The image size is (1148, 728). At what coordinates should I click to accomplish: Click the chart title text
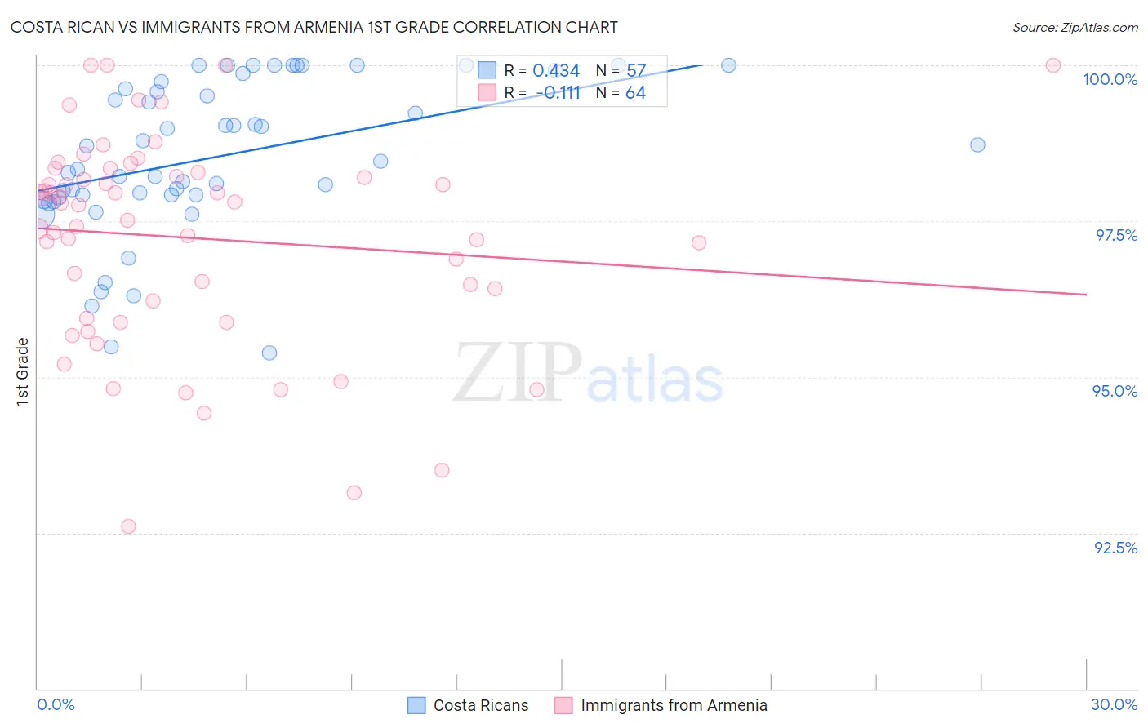314,27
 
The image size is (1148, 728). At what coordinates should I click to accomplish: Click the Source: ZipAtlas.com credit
1075,27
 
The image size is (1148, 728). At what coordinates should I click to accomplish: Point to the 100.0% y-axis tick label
1110,79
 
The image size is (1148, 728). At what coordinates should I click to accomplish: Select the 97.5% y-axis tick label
1115,235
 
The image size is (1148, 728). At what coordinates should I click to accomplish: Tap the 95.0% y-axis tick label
1115,391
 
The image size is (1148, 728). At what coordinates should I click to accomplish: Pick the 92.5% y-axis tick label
1115,548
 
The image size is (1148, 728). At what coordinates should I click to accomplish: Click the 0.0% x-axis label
56,704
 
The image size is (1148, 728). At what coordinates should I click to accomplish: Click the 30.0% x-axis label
1114,704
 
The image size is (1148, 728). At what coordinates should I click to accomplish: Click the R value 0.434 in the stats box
556,71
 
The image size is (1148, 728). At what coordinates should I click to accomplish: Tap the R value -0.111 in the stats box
558,93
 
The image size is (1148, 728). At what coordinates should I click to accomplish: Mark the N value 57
636,71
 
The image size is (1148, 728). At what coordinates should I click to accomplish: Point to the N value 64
635,93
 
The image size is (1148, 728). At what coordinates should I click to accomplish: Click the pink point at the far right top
1053,65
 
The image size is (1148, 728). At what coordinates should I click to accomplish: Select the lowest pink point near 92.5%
128,526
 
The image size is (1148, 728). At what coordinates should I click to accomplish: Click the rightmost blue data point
977,144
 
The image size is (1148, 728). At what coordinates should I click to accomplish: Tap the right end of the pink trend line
1086,294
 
